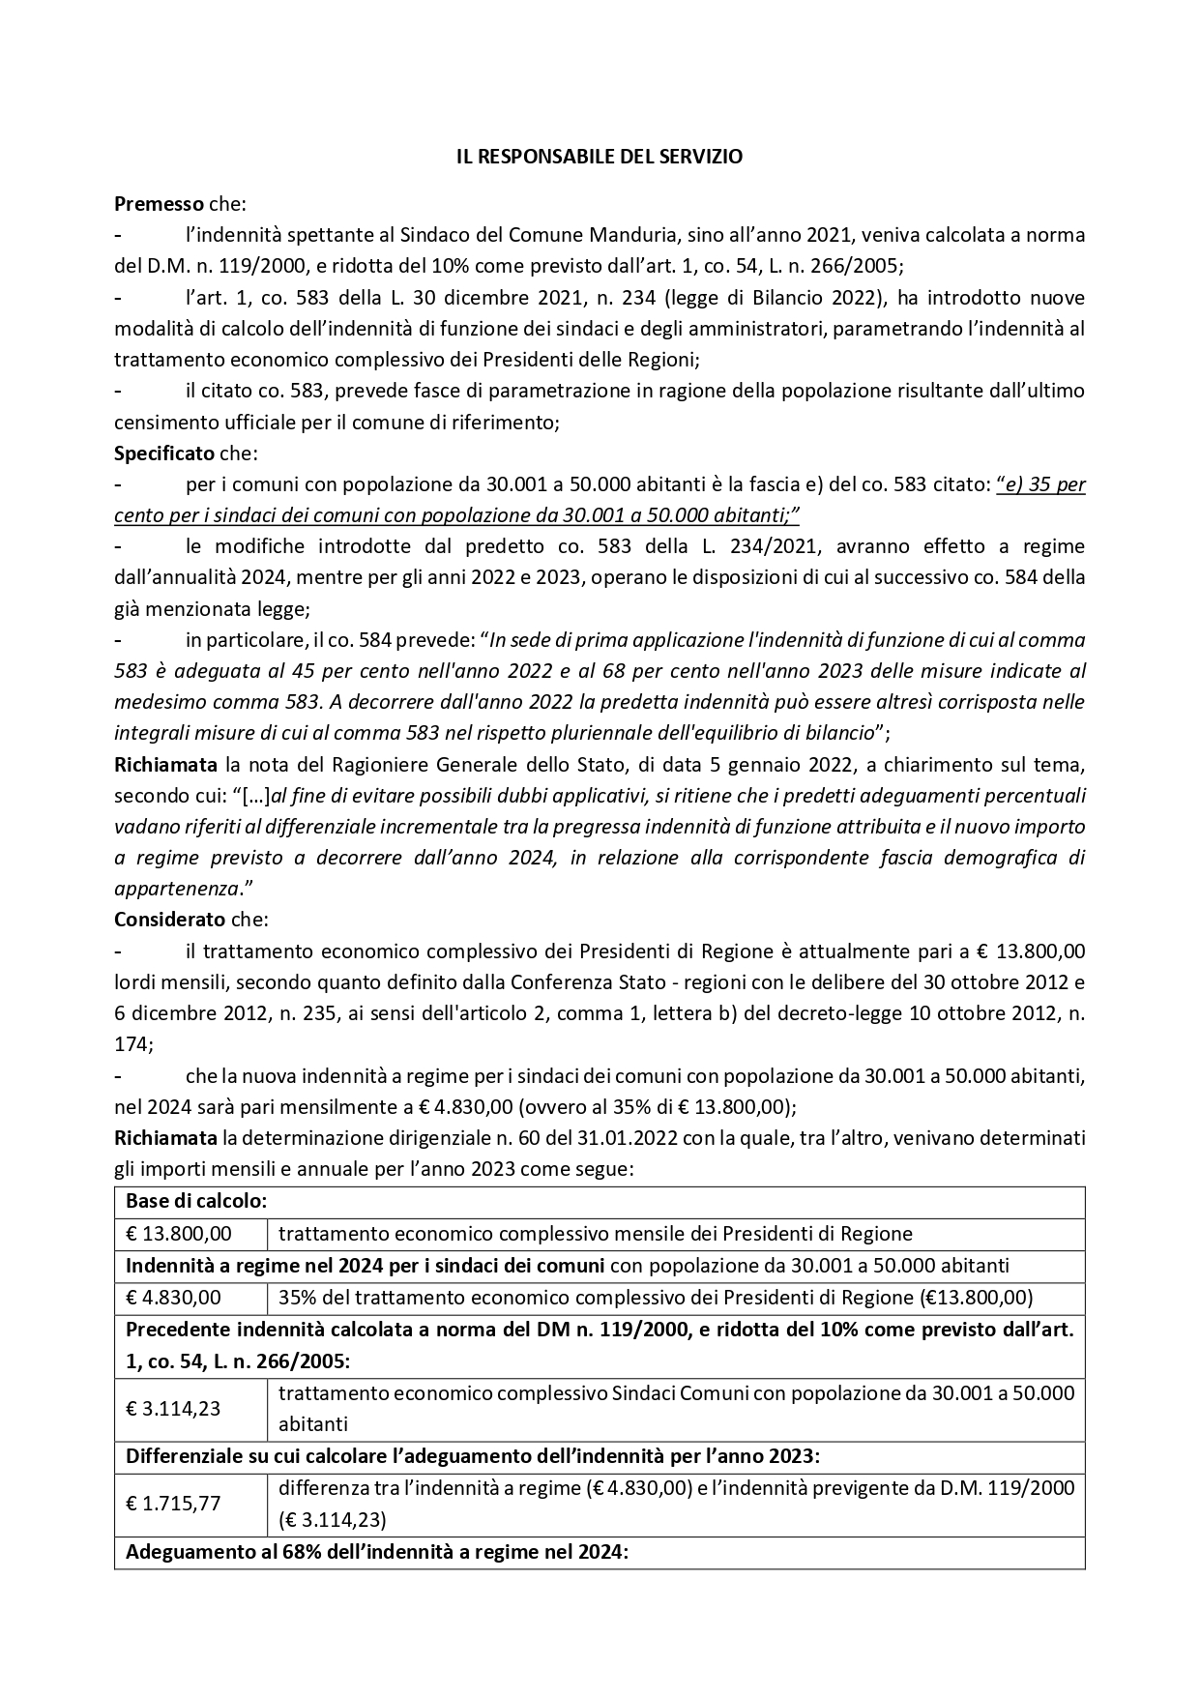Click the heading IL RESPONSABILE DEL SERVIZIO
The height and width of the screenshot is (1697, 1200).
[x=600, y=157]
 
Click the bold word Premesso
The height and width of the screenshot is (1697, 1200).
[x=159, y=204]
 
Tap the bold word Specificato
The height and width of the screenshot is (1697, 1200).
[x=164, y=454]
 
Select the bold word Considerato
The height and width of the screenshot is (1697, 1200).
[x=169, y=920]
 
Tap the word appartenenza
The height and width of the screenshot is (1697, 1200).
[x=176, y=889]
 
